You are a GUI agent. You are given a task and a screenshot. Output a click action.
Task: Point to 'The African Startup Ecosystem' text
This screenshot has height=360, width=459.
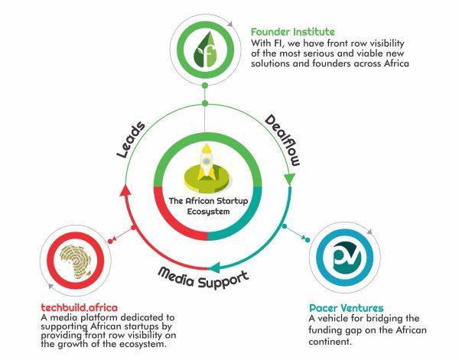(x=207, y=206)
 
